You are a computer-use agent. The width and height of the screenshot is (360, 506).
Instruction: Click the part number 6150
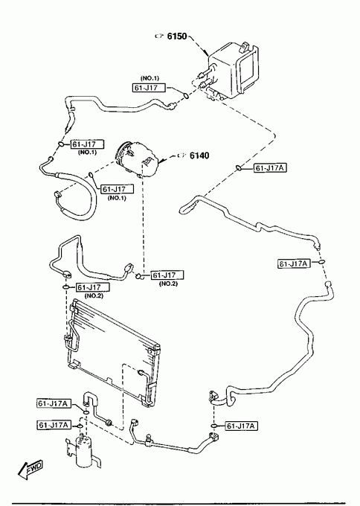pyautogui.click(x=177, y=36)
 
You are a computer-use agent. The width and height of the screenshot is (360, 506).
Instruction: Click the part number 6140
pyautogui.click(x=199, y=156)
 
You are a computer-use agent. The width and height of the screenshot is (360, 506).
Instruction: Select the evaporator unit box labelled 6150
pyautogui.click(x=233, y=71)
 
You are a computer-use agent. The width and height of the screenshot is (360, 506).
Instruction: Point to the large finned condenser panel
pyautogui.click(x=114, y=351)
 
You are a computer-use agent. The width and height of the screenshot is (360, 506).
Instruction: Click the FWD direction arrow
pyautogui.click(x=30, y=469)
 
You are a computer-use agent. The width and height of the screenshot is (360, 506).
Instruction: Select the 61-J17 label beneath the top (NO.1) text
pyautogui.click(x=149, y=88)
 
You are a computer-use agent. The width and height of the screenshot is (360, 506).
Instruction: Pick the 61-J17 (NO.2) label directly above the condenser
pyautogui.click(x=93, y=287)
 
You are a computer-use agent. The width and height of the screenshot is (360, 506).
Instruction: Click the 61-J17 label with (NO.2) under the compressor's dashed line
pyautogui.click(x=167, y=275)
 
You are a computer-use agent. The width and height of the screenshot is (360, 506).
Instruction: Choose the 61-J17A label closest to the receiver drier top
pyautogui.click(x=54, y=425)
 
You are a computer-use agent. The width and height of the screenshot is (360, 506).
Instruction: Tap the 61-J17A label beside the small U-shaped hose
pyautogui.click(x=54, y=403)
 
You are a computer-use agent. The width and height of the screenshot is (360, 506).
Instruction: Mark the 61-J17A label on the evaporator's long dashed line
pyautogui.click(x=270, y=168)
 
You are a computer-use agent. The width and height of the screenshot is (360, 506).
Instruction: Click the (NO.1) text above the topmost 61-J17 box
pyautogui.click(x=150, y=78)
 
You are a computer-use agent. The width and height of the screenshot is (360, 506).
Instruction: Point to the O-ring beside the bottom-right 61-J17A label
pyautogui.click(x=213, y=426)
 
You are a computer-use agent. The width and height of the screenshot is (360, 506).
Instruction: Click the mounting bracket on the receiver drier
pyautogui.click(x=69, y=448)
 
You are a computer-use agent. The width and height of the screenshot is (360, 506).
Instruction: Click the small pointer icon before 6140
pyautogui.click(x=182, y=156)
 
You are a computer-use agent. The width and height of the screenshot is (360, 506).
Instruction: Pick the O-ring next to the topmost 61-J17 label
pyautogui.click(x=186, y=95)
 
